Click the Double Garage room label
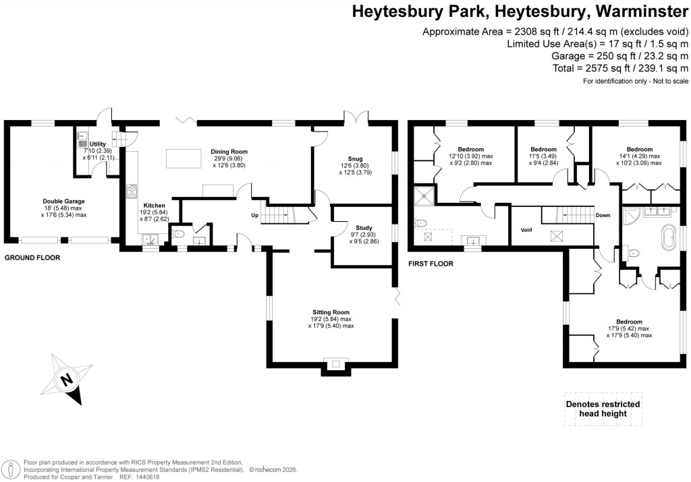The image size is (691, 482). click(63, 201)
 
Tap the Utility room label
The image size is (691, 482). click(97, 144)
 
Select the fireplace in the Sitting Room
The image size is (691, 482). click(335, 365)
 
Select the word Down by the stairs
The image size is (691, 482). click(603, 216)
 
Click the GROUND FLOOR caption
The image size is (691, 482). click(32, 258)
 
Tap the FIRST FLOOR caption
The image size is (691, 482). click(431, 264)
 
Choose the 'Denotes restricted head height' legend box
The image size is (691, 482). click(602, 409)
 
